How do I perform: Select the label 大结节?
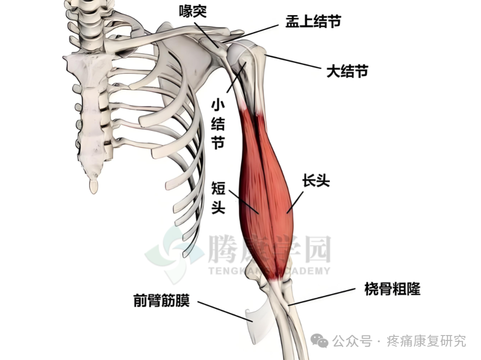tap(347, 71)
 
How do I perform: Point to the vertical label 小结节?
tap(217, 124)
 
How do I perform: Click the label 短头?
tap(218, 197)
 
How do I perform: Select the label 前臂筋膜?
tap(162, 301)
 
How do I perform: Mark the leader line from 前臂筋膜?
tap(223, 310)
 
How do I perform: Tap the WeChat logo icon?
tap(320, 341)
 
